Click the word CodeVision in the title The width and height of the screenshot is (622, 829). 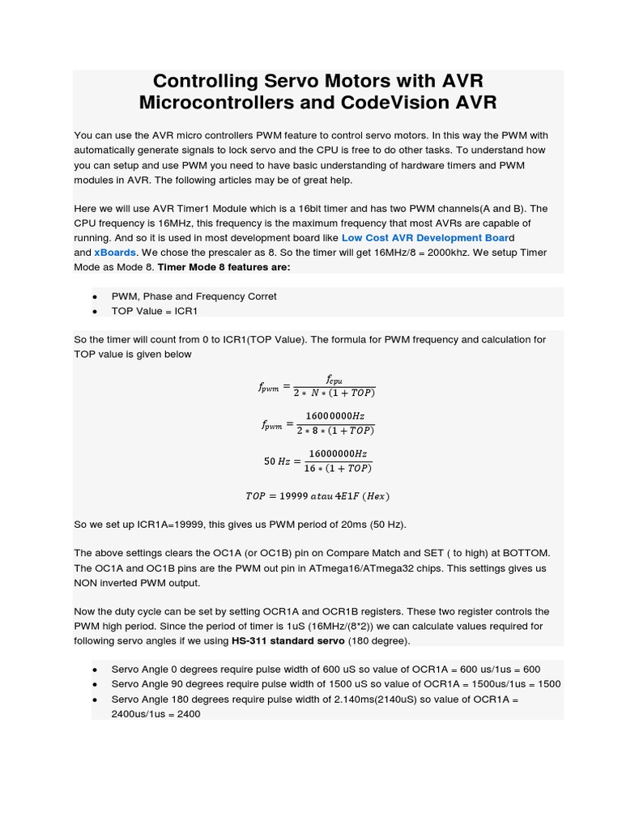point(368,103)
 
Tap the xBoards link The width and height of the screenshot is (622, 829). point(115,253)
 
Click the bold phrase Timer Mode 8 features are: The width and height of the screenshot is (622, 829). point(224,267)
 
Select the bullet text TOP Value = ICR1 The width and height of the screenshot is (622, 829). point(154,311)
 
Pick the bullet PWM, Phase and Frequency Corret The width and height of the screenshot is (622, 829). point(194,296)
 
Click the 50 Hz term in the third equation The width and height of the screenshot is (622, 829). point(276,461)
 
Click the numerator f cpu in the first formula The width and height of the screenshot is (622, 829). point(334,380)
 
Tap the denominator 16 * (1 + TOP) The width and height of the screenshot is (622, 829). point(338,469)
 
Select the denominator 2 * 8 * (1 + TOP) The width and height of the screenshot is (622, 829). point(334,431)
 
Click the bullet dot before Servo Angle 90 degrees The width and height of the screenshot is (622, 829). point(95,685)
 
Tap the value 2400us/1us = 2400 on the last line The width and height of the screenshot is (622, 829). point(155,714)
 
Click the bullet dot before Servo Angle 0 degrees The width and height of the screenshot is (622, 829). point(95,670)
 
